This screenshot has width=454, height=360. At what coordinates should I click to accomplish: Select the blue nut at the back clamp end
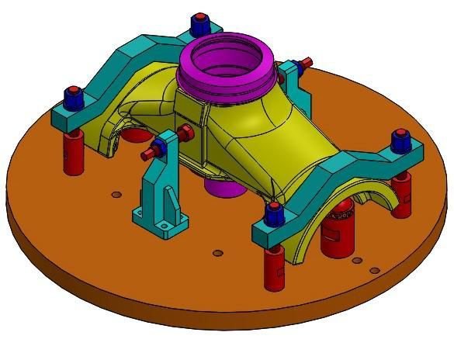pyautogui.click(x=199, y=19)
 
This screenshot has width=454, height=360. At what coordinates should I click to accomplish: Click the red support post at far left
pyautogui.click(x=74, y=151)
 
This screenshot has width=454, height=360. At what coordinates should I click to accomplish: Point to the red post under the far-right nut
pyautogui.click(x=401, y=195)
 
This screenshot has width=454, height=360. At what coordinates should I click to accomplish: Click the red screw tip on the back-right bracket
pyautogui.click(x=308, y=61)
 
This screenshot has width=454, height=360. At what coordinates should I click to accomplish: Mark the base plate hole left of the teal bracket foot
pyautogui.click(x=115, y=193)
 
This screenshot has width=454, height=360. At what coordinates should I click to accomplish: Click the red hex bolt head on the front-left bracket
pyautogui.click(x=186, y=133)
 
